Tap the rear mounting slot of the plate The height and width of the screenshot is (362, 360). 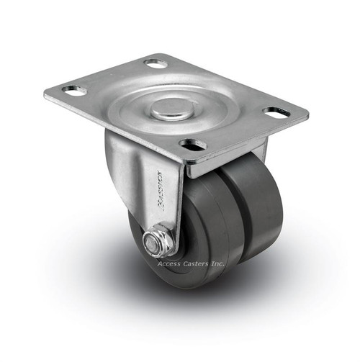click(155, 63)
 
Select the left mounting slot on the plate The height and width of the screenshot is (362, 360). click(73, 91)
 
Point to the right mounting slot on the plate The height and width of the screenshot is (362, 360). click(276, 113)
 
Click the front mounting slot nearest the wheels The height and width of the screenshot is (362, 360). click(193, 145)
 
